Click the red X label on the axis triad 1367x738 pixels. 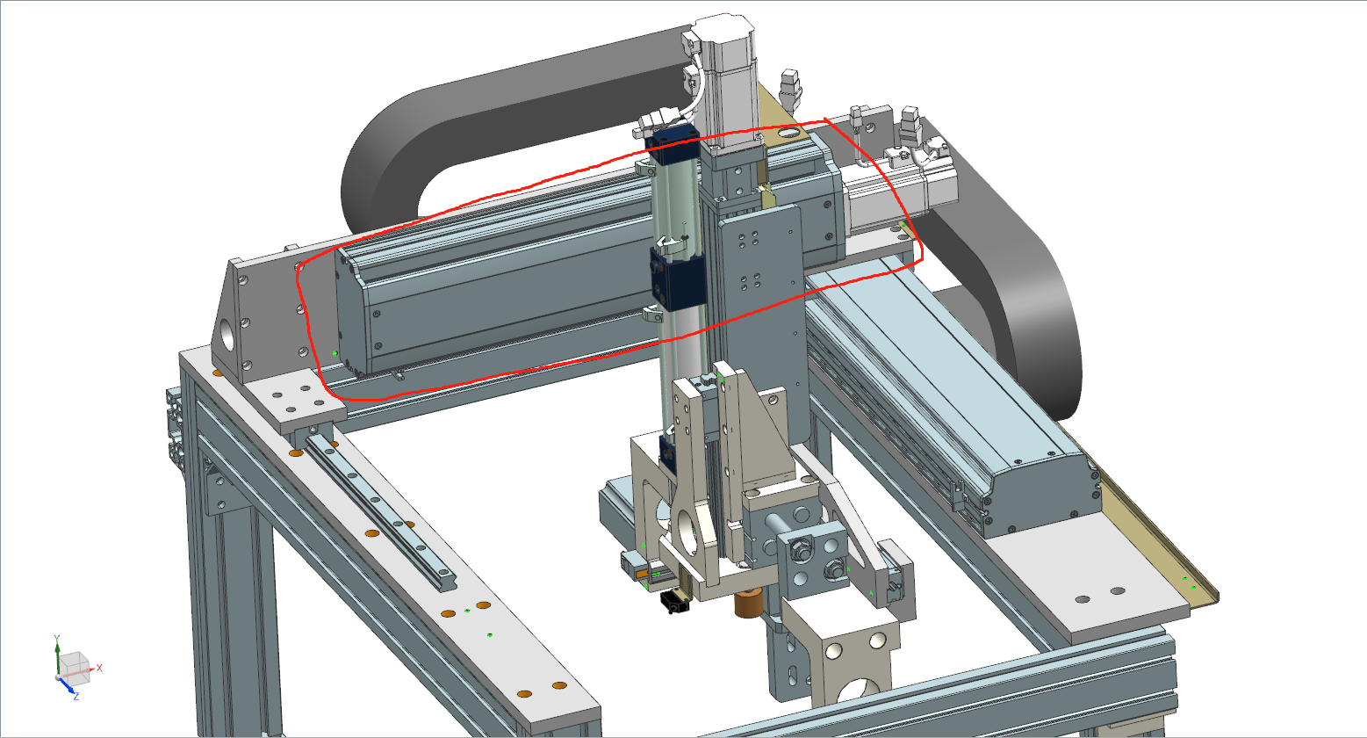pos(99,668)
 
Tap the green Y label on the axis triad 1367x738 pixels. pos(57,639)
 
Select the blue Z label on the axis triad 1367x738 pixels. pos(76,697)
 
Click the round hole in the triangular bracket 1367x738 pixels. pos(227,336)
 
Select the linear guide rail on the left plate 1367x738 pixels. pos(379,510)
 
